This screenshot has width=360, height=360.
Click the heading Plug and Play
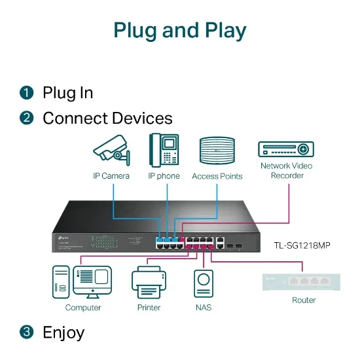point(180,31)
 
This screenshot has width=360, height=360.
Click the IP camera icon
point(111,151)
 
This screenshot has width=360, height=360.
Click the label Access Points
point(217,176)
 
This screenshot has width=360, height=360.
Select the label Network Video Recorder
point(287,170)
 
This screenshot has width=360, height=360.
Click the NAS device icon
point(203,284)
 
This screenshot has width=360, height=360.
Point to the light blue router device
point(303,280)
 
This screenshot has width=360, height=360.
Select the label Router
point(304,300)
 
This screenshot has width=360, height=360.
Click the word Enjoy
point(63,332)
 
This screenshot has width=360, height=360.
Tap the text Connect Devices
point(107,118)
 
